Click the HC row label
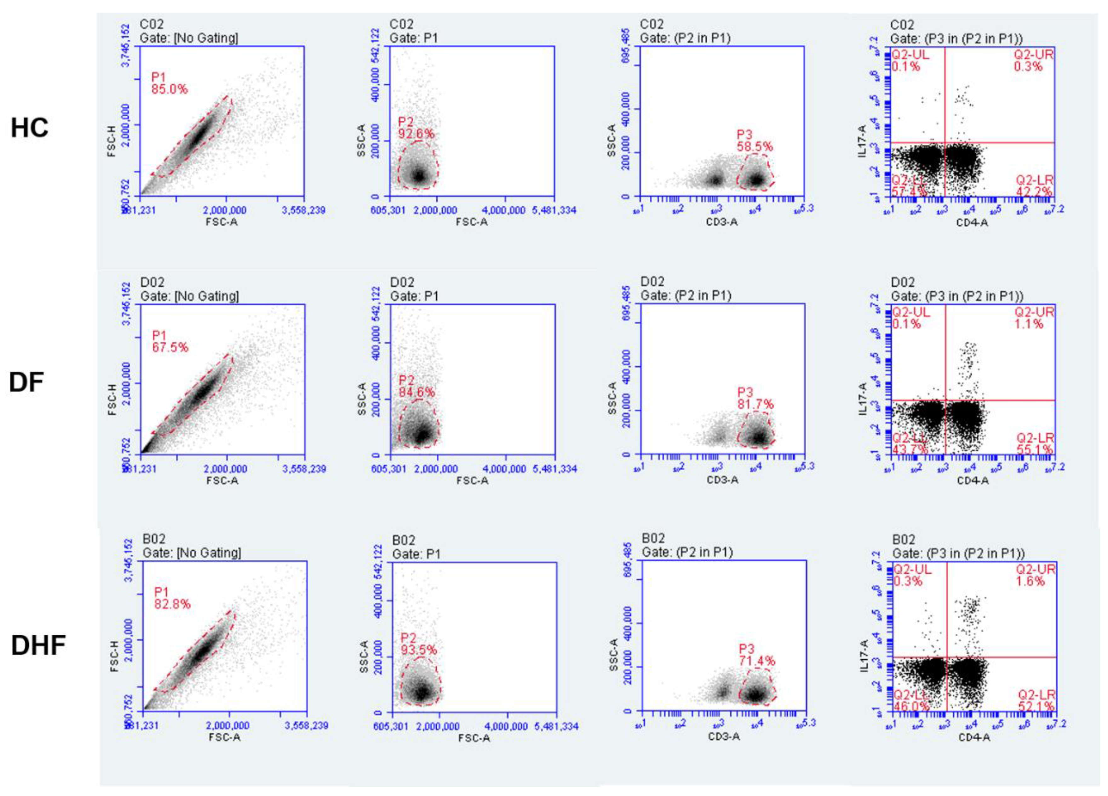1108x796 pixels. click(x=29, y=128)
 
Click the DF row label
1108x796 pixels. click(x=26, y=382)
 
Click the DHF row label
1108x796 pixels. click(x=38, y=645)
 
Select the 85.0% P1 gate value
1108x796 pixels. click(x=169, y=89)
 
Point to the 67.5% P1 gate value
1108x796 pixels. click(x=170, y=347)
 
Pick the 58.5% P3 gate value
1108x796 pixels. click(x=755, y=146)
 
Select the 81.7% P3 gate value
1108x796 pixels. click(x=755, y=404)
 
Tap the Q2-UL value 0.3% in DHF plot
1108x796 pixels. click(x=908, y=581)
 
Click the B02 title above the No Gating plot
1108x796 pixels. click(x=154, y=539)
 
